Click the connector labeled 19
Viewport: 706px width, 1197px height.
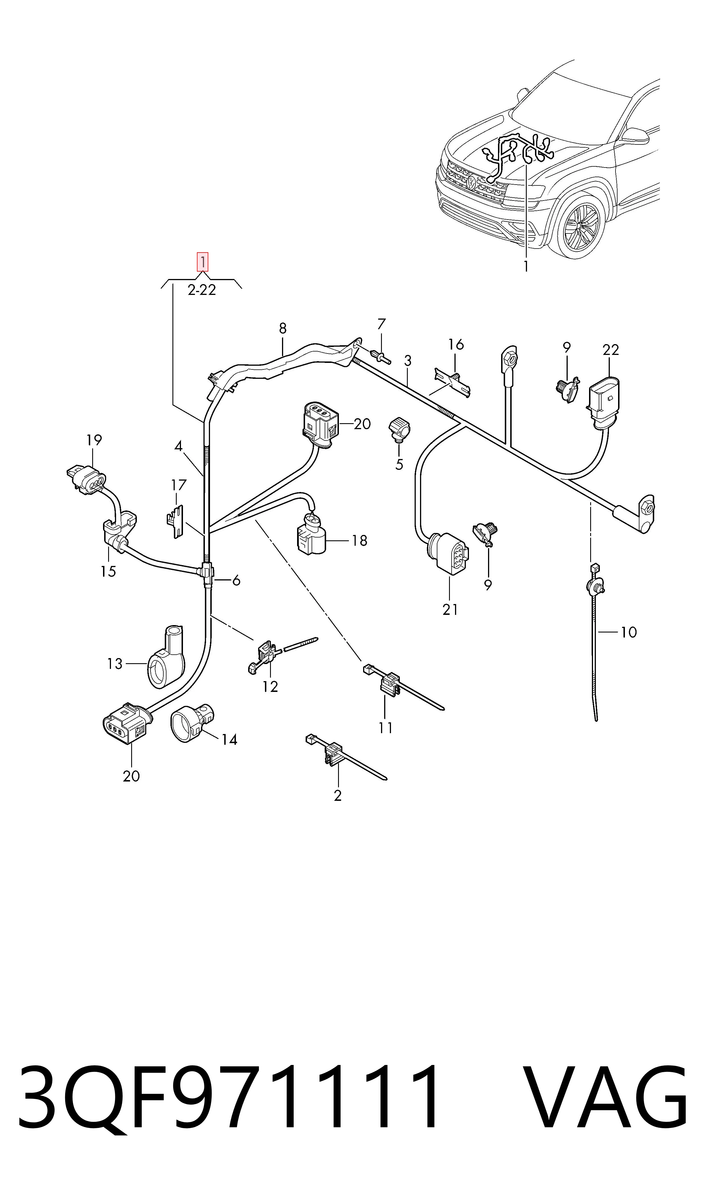click(87, 477)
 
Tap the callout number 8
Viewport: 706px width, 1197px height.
click(283, 328)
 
